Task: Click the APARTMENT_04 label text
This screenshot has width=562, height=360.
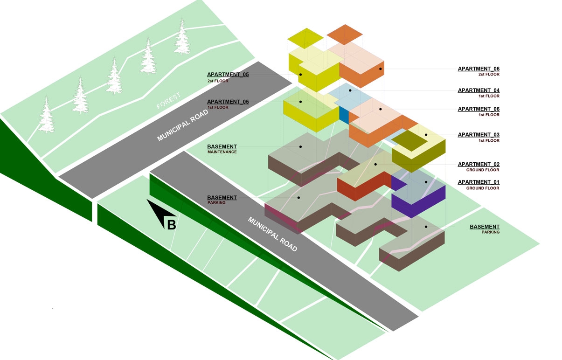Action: tap(478, 90)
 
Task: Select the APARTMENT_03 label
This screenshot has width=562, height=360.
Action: tap(478, 135)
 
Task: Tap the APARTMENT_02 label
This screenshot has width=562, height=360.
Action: tap(478, 164)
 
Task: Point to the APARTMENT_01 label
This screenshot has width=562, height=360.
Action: tap(478, 182)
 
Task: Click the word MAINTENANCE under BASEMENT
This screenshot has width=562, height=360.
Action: tap(222, 152)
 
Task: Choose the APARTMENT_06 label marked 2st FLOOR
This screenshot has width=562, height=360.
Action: tap(478, 69)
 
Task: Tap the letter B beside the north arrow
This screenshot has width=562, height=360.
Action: tap(172, 225)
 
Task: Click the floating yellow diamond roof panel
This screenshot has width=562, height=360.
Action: tap(305, 38)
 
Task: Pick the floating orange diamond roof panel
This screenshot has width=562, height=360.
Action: tap(345, 35)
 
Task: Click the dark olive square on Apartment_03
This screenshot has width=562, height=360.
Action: tap(410, 139)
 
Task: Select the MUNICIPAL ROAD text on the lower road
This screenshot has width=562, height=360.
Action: tap(272, 234)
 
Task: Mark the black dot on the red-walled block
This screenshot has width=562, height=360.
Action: tap(375, 164)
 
